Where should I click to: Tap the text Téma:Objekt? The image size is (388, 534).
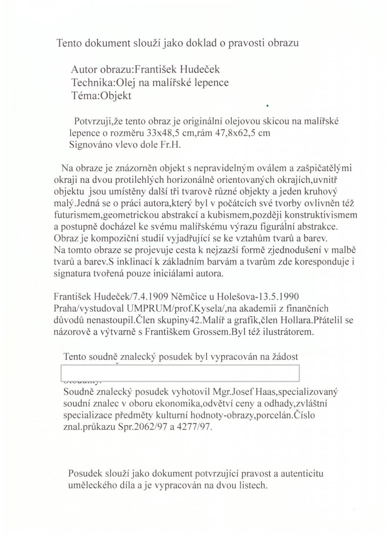pos(102,96)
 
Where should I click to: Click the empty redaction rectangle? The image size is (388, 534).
pos(180,373)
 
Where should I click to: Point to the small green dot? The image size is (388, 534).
pos(266,105)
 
